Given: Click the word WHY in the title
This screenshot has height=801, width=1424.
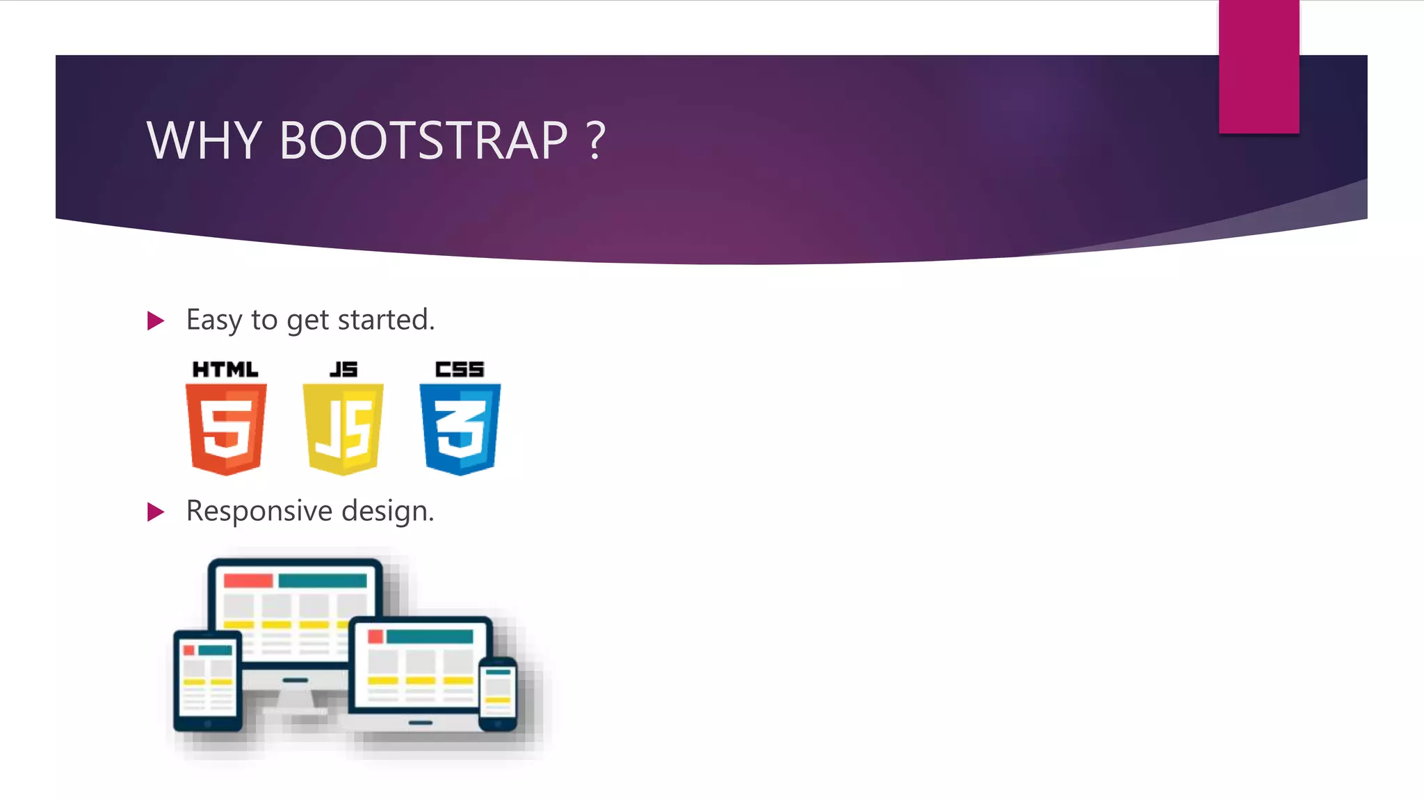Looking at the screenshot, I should pos(203,140).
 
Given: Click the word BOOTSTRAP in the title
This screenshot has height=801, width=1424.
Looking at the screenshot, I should pos(423,140).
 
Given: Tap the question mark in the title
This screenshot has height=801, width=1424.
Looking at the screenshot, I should pos(596,140).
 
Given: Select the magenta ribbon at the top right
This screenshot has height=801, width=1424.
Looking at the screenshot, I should pos(1259,66).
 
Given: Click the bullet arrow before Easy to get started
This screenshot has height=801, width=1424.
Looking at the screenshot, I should pos(156,321).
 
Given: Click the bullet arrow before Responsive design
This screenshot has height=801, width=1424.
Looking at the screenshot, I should pos(156,512).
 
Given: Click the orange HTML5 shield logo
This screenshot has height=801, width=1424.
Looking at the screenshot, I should pos(226,428).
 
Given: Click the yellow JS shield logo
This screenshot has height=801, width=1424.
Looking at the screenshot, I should pos(343,428).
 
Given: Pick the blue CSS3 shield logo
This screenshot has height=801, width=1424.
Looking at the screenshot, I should pos(460,428).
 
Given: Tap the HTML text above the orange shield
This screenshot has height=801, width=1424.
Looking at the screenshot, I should pos(225,369).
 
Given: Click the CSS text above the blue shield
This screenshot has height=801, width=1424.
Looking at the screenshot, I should pos(460,369).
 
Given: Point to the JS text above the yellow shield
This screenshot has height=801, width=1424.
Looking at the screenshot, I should pos(343,369).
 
